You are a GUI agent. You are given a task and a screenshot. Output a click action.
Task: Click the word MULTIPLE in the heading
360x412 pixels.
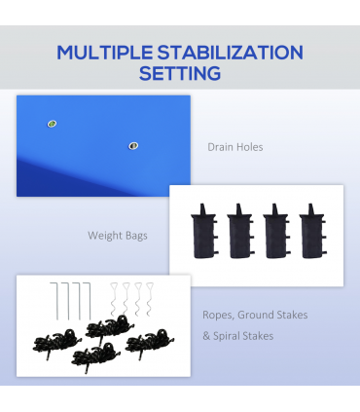click(105, 53)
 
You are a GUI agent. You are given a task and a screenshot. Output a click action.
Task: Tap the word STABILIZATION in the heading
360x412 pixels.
click(231, 53)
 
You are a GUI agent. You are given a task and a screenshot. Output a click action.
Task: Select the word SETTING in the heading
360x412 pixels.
click(180, 73)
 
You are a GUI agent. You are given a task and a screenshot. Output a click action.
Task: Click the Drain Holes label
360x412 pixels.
click(235, 147)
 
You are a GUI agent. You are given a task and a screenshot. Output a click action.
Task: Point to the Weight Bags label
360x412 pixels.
click(118, 236)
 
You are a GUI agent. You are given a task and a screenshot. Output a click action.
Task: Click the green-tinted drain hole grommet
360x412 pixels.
click(52, 124)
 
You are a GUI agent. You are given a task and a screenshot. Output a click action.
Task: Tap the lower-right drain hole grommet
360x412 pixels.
click(133, 146)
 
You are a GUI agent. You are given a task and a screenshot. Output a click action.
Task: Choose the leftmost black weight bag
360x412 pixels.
click(204, 231)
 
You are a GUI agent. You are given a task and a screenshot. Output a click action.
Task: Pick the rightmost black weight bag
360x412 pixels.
click(312, 231)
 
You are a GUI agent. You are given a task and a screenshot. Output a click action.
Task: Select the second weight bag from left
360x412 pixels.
click(240, 231)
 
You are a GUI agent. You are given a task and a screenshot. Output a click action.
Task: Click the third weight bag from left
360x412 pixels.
click(276, 231)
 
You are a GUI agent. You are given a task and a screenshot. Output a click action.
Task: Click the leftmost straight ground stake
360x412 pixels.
click(55, 301)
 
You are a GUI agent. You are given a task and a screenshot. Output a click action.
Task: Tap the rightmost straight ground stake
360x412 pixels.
click(89, 301)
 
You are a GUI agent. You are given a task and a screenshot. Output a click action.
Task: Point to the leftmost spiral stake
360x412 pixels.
click(115, 299)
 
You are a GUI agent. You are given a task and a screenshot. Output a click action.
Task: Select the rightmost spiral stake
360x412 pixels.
click(150, 299)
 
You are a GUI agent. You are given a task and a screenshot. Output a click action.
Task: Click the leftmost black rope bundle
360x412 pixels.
click(56, 344)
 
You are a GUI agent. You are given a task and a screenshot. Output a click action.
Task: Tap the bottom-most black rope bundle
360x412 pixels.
click(95, 357)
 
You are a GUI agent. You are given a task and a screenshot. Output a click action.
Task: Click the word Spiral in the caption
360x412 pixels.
click(227, 336)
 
